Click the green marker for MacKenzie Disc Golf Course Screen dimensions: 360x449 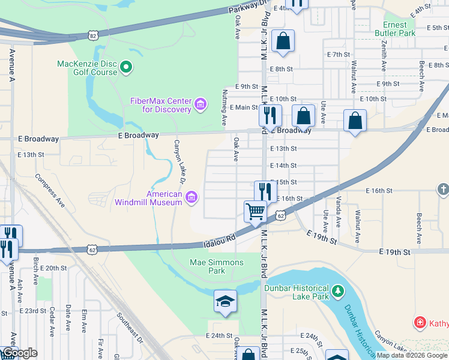tap(126, 68)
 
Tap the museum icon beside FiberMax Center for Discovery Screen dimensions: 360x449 tap(200, 106)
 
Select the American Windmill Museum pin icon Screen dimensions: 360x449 tap(191, 197)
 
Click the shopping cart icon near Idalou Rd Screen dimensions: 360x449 tap(256, 211)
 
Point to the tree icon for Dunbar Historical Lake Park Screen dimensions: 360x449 tap(339, 292)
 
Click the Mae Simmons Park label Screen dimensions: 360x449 tap(217, 266)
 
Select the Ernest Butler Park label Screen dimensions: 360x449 tap(399, 29)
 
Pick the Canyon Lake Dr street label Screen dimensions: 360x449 tap(179, 161)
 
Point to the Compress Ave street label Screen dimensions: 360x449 tap(49, 190)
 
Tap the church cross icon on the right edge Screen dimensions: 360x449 tap(443, 190)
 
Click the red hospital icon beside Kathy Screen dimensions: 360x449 tap(420, 323)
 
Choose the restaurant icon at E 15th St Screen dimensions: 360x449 tap(265, 191)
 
